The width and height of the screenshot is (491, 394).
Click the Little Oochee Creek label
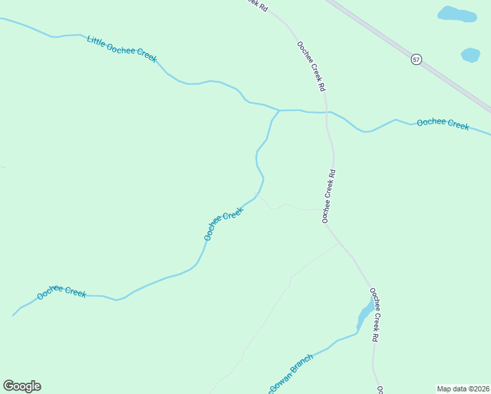click(122, 49)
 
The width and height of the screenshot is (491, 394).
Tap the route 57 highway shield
click(416, 59)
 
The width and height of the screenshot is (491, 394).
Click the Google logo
click(22, 385)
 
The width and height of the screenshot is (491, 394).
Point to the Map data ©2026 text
click(463, 389)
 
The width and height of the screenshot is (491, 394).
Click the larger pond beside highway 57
click(457, 14)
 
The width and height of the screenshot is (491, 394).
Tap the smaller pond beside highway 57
click(470, 55)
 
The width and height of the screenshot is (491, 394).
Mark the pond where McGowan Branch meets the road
click(365, 315)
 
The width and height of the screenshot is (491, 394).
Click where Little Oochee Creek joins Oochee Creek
click(279, 110)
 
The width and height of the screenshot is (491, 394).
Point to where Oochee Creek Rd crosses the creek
click(326, 112)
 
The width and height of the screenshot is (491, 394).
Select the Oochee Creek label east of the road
click(443, 123)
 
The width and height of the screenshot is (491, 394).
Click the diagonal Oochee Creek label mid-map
click(223, 223)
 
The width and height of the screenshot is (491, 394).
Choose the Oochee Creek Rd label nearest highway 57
click(311, 66)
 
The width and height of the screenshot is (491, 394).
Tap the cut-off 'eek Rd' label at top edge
click(258, 5)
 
